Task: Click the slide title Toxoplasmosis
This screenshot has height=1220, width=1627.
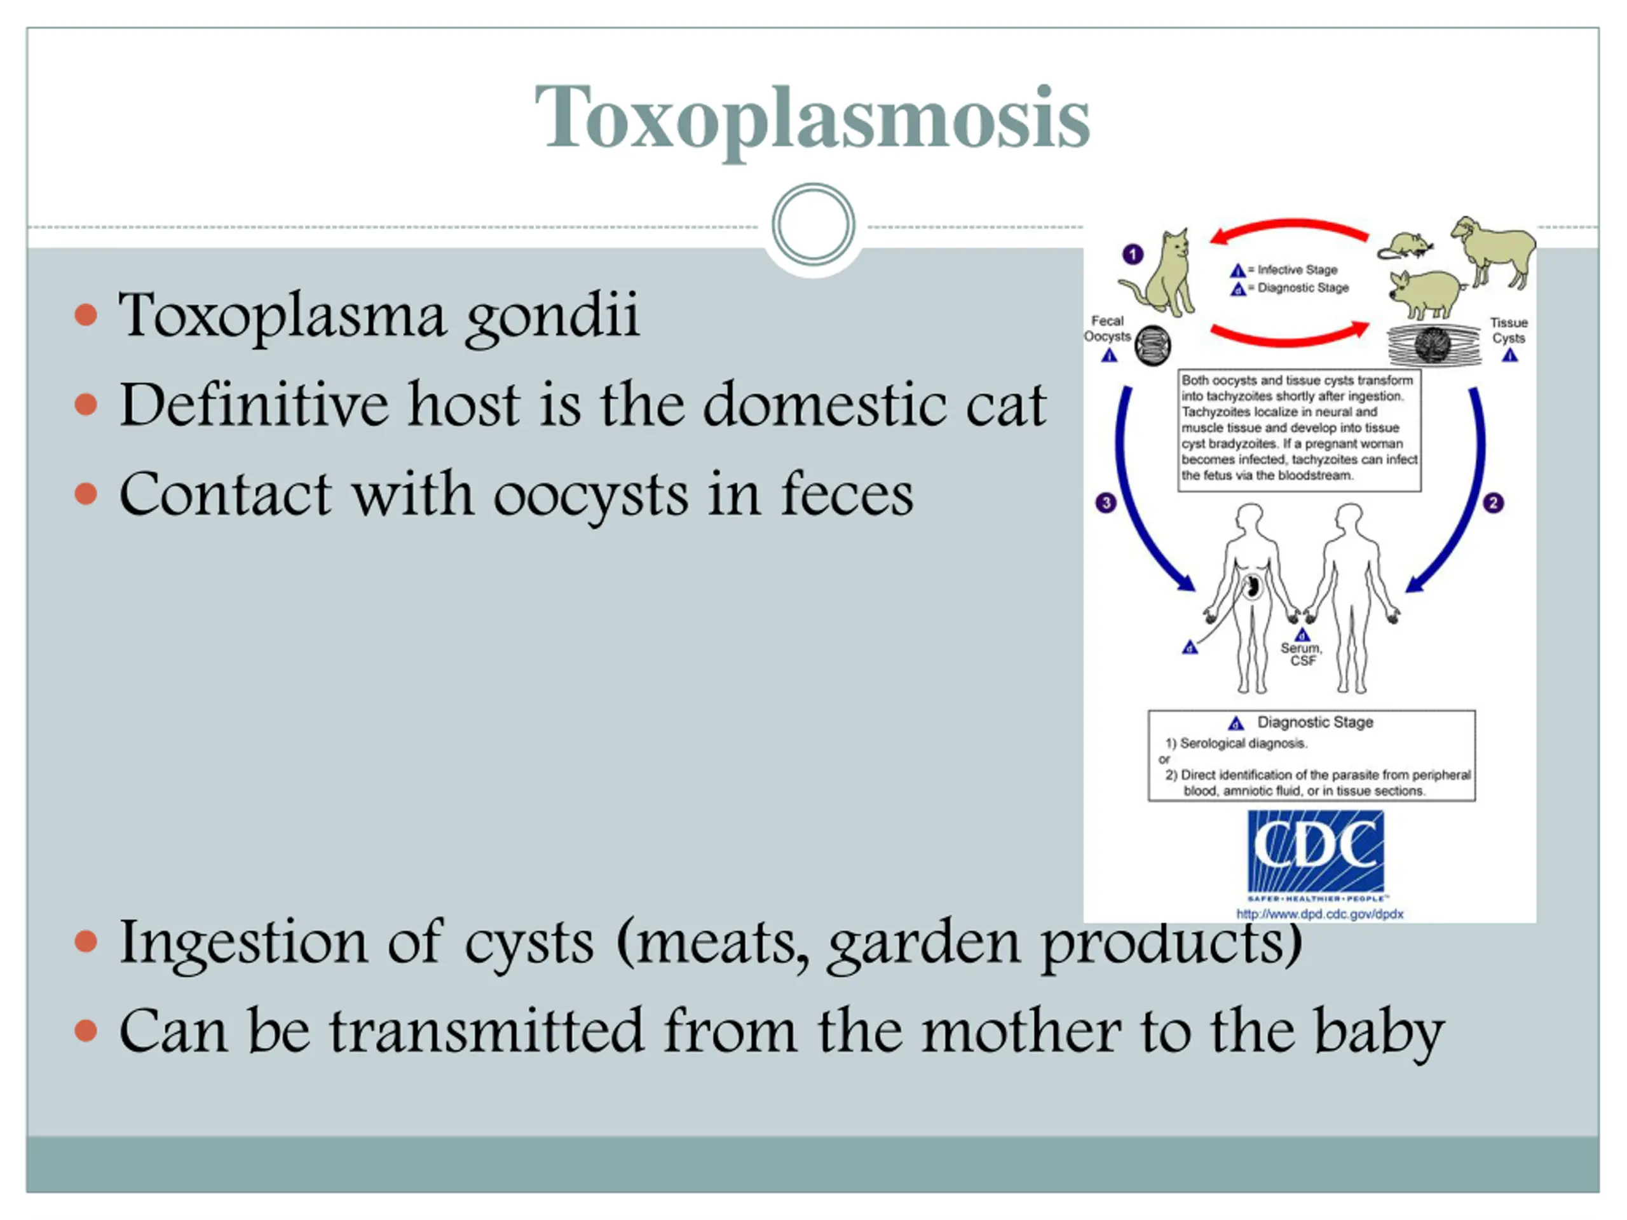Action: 812,119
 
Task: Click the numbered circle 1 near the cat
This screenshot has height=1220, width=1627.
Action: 1133,254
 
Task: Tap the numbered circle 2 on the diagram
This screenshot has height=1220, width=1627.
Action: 1493,503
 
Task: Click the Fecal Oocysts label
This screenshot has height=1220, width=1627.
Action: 1107,329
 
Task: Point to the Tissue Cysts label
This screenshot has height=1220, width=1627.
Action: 1509,330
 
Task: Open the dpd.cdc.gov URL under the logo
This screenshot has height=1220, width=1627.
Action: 1319,914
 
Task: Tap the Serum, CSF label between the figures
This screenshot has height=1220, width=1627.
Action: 1301,654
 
